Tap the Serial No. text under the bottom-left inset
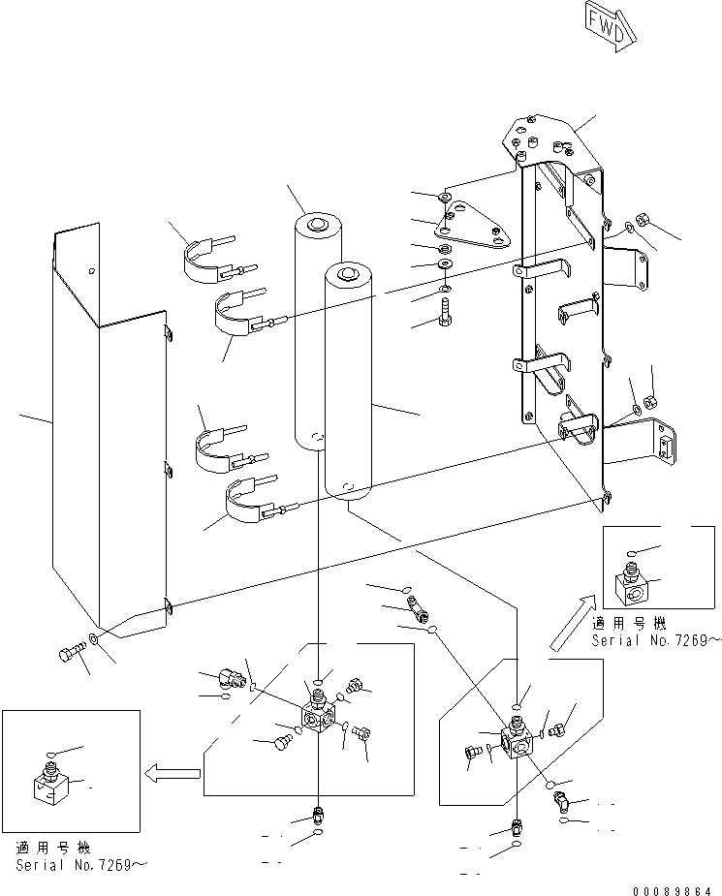[x=82, y=865]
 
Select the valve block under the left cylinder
[x=321, y=718]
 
